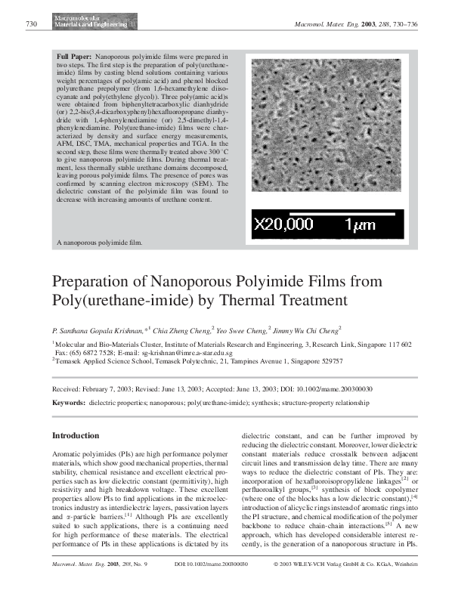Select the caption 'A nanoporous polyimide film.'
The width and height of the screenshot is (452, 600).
pos(100,243)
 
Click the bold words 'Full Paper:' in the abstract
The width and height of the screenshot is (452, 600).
pos(75,57)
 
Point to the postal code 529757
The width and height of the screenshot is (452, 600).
pos(328,361)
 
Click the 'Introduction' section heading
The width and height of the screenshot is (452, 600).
pos(75,436)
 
